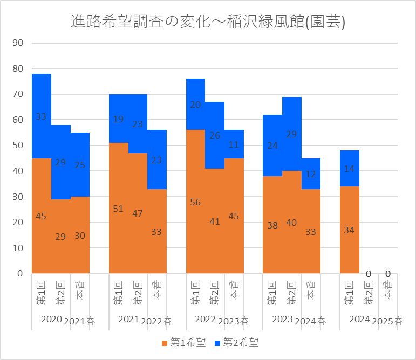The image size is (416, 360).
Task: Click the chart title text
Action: tap(208, 22)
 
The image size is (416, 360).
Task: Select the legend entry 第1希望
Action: tap(183, 342)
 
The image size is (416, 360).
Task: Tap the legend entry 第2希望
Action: tap(236, 342)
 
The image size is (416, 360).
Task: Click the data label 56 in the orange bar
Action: tap(195, 202)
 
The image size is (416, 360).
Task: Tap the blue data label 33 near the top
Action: tap(42, 116)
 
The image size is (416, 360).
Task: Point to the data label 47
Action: tap(138, 213)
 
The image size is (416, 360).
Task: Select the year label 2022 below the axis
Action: tap(205, 320)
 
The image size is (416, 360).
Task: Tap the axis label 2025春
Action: tap(388, 321)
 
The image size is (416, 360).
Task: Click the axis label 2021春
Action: tap(79, 321)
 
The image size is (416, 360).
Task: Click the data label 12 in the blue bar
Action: tap(311, 174)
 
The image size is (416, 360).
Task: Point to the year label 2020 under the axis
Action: tap(52, 320)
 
